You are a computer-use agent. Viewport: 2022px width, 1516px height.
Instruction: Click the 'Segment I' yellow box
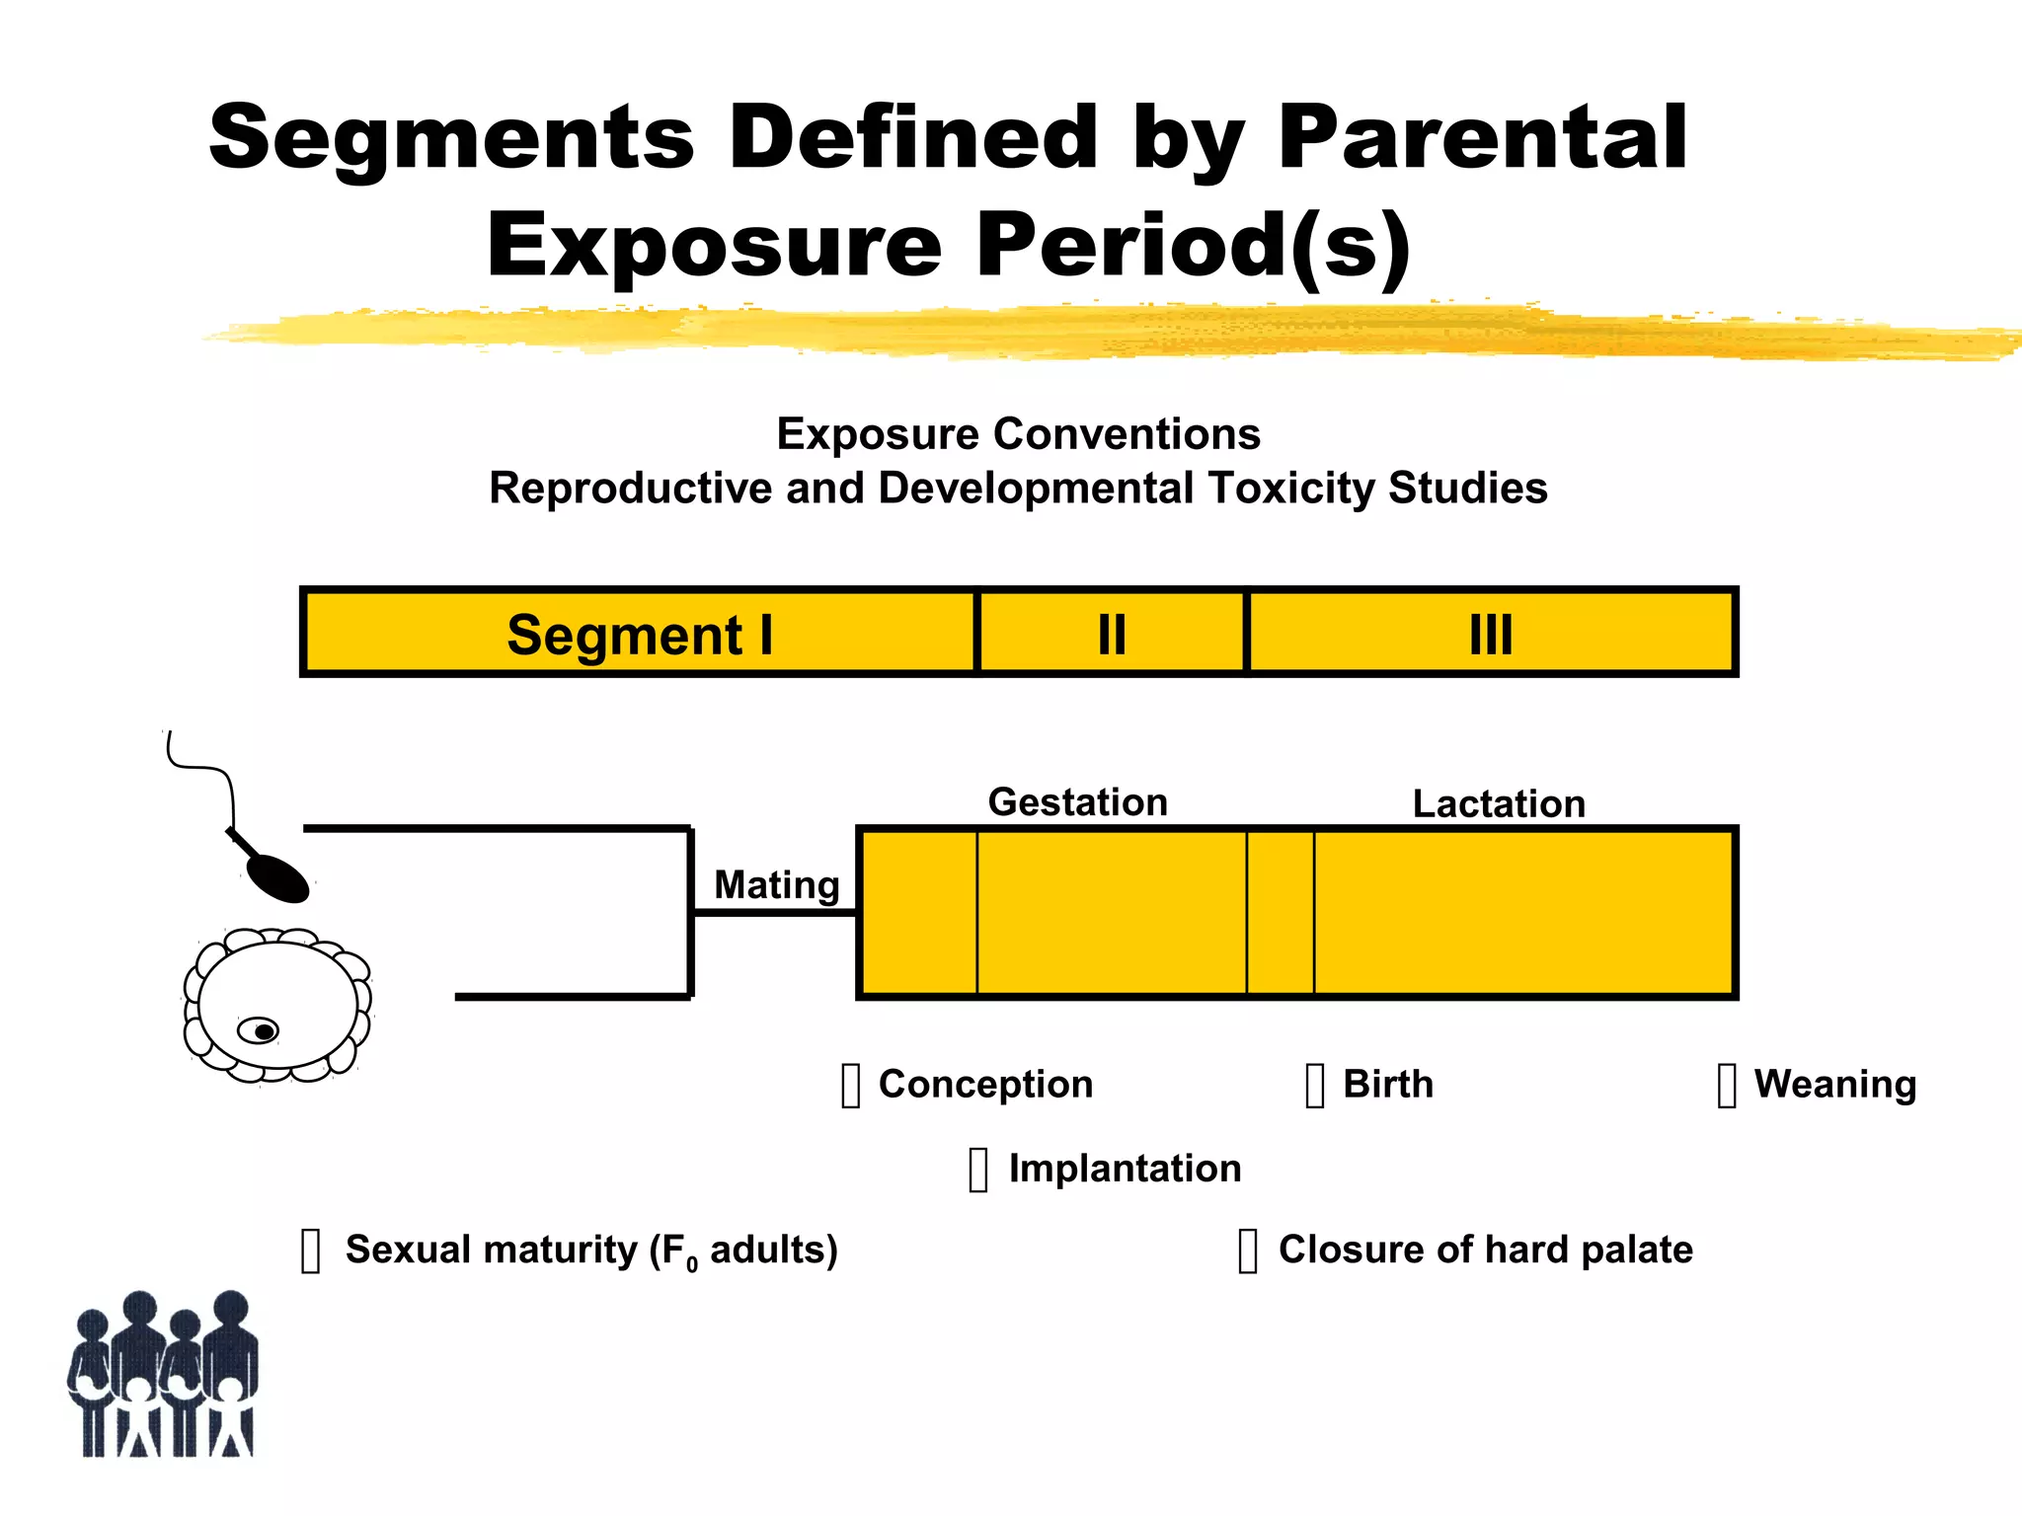click(639, 633)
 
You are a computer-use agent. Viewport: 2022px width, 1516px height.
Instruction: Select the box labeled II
click(1112, 633)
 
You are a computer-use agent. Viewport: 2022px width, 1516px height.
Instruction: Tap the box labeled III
click(1491, 633)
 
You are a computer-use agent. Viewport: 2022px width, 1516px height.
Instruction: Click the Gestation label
click(1077, 801)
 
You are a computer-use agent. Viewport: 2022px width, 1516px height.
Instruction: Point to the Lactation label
click(1499, 803)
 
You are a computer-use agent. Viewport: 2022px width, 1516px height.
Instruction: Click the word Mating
click(776, 884)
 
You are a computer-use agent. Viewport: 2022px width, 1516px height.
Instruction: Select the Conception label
click(985, 1084)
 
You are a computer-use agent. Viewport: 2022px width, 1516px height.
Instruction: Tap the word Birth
click(1387, 1084)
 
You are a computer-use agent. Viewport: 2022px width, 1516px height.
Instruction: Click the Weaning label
click(1834, 1084)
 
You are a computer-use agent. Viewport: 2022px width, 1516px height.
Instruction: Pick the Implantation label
click(1124, 1168)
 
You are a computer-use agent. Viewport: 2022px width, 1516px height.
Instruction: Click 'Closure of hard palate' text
click(1485, 1250)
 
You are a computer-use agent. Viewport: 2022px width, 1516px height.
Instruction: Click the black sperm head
click(278, 876)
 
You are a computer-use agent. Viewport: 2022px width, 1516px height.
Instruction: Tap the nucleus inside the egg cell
click(263, 1031)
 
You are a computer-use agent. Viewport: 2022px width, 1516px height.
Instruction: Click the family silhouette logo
click(164, 1375)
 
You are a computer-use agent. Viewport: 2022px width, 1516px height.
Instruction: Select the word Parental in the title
click(1481, 138)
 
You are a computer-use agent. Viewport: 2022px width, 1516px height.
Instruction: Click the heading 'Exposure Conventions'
click(1018, 434)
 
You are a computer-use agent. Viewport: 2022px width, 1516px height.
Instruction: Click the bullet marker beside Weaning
click(1726, 1086)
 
